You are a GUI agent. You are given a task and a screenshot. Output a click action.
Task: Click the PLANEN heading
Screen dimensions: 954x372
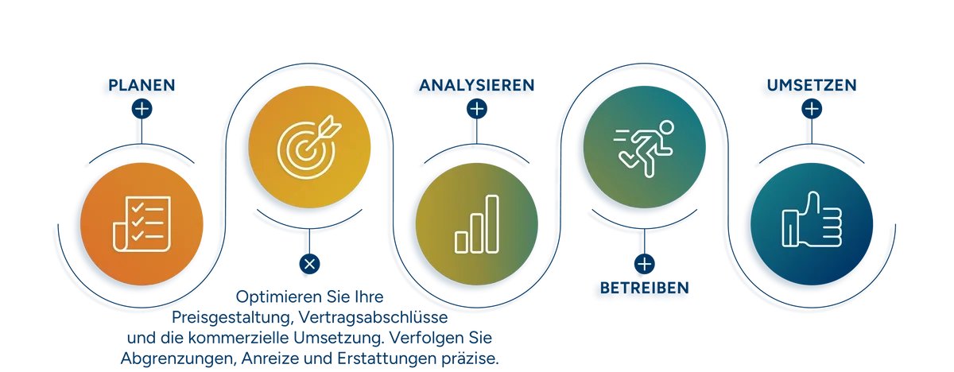point(142,85)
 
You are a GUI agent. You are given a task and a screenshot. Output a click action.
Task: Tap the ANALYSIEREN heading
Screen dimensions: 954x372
point(476,85)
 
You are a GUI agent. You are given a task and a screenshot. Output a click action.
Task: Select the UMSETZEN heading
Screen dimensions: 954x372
point(812,85)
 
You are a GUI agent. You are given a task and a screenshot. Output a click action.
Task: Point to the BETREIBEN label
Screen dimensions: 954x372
point(645,289)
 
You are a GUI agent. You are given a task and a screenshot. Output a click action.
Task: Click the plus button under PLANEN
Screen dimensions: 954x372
point(142,109)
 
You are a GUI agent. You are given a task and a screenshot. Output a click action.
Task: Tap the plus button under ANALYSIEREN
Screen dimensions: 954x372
point(476,109)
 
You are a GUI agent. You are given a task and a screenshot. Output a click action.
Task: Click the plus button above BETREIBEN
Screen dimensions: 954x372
point(645,264)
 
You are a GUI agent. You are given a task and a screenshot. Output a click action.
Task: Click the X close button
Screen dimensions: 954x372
point(309,264)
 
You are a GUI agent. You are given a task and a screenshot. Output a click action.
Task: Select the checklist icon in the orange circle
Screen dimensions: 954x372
point(142,224)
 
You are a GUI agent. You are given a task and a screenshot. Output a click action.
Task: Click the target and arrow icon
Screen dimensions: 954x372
point(308,146)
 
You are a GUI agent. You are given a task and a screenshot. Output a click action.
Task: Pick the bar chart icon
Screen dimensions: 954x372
point(476,224)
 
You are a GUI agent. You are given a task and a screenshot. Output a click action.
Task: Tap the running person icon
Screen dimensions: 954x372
point(644,148)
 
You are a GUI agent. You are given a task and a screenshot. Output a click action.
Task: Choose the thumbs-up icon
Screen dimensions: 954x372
point(812,219)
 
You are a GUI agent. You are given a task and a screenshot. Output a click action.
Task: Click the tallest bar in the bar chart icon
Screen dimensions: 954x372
point(492,224)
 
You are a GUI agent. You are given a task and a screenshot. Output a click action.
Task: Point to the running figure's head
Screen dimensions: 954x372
point(666,127)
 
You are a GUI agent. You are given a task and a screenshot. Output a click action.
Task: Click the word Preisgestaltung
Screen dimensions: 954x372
point(232,317)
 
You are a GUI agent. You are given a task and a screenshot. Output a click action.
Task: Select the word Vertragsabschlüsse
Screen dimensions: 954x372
point(373,317)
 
